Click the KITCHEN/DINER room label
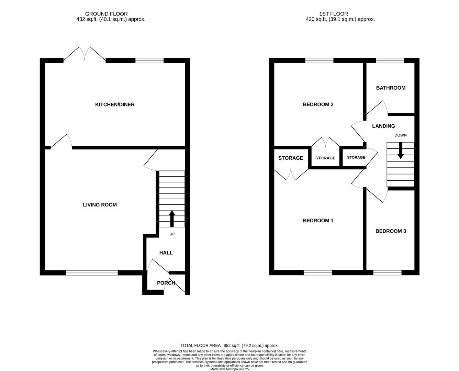pos(115,104)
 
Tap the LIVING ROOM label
pos(100,205)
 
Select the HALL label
pos(166,253)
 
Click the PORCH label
pos(166,283)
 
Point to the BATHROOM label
pos(391,88)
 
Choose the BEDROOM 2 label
pos(318,104)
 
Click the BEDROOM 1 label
pos(318,221)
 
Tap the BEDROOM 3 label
pos(391,231)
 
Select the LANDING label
pos(383,126)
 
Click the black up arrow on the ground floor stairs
pos(172,218)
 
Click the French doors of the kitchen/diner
pos(85,55)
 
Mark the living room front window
pos(92,273)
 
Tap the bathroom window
pos(390,61)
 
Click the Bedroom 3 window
pos(387,273)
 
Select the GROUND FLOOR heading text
pos(107,14)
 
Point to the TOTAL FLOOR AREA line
pos(229,346)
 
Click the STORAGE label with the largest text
pos(291,158)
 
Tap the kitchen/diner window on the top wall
pos(149,61)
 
